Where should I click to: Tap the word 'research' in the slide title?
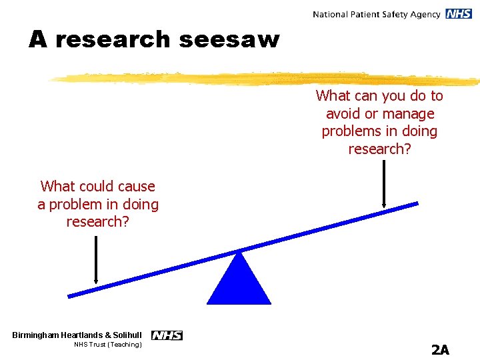(113, 40)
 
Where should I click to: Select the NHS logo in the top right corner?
(459, 14)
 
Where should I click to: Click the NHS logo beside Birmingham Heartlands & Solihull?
(167, 335)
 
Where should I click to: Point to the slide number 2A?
(440, 349)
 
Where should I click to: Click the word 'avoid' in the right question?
(343, 114)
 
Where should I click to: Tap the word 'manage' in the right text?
(409, 114)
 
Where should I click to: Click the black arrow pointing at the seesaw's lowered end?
(97, 259)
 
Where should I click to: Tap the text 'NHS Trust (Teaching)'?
(108, 345)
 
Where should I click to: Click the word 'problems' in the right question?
(349, 131)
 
